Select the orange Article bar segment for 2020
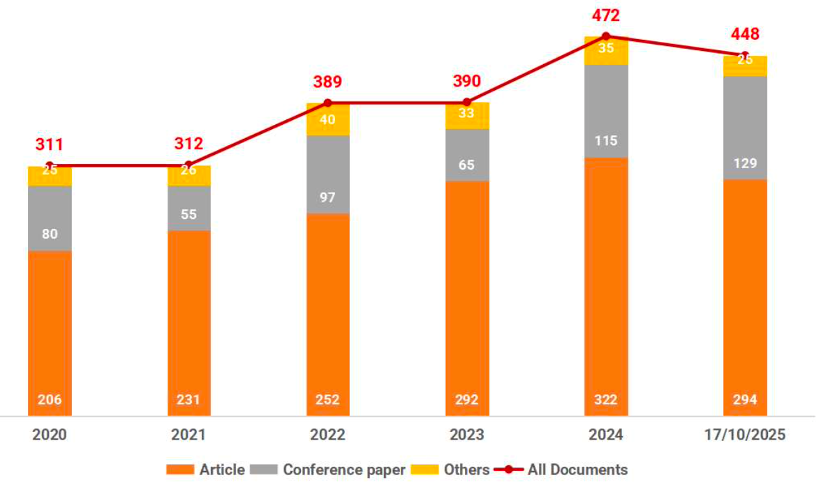pos(50,328)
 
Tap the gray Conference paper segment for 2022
pos(327,174)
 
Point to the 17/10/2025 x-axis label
pos(745,435)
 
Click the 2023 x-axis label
pos(466,435)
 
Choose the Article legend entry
pos(206,470)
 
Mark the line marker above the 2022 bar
pos(327,103)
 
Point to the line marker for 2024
pos(606,36)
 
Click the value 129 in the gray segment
pos(745,163)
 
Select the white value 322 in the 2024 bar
pos(606,400)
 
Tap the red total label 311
pos(50,144)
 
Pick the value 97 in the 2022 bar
pos(327,197)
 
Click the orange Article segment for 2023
pos(466,293)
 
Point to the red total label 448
pos(745,34)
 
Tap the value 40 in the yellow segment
pos(327,119)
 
